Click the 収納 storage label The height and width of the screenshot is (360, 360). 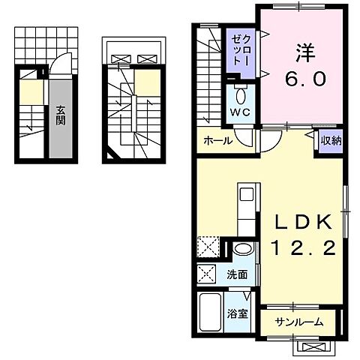coord(330,140)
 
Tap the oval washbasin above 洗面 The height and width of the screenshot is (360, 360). coord(241,250)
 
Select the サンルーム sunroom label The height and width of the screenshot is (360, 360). coord(298,322)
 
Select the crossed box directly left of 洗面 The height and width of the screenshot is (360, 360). coord(208,274)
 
